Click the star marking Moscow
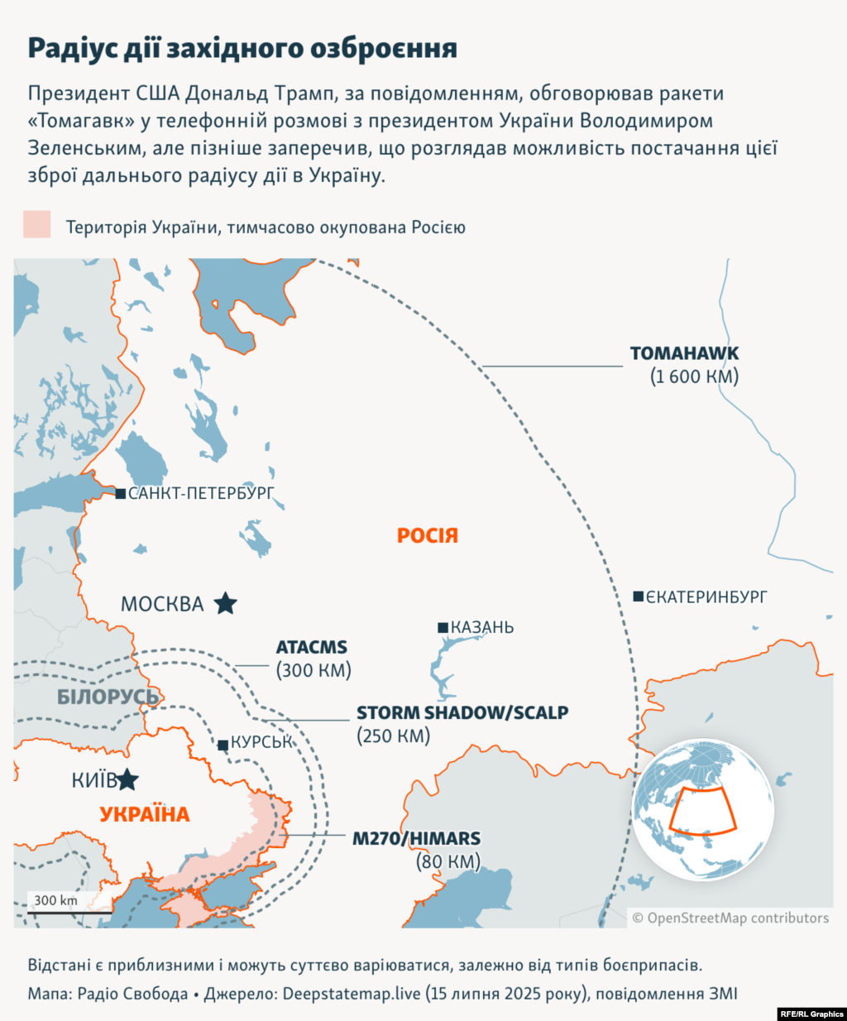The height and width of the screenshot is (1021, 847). point(225,604)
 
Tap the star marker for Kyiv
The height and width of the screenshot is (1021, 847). point(127,779)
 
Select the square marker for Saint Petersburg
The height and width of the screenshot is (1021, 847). point(121,494)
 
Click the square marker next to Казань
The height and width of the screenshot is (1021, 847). point(443,628)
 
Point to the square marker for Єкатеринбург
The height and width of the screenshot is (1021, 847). point(639,597)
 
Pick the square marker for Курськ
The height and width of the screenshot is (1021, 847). point(223,745)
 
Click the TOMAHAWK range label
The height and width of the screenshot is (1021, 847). point(684,353)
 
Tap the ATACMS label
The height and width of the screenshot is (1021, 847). point(312,648)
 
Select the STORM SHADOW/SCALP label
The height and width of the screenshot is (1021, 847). point(462,712)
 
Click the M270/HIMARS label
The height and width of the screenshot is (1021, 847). point(416,838)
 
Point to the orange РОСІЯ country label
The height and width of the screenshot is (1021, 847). point(427,536)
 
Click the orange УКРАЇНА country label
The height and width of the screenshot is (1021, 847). point(145,815)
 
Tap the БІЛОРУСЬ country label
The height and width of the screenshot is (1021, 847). point(108,697)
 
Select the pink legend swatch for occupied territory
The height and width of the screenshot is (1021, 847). point(37,225)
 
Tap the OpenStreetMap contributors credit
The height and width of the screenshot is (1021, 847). point(730,918)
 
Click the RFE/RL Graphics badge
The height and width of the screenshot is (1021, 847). point(811,1014)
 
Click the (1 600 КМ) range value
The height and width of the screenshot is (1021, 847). point(694,376)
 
